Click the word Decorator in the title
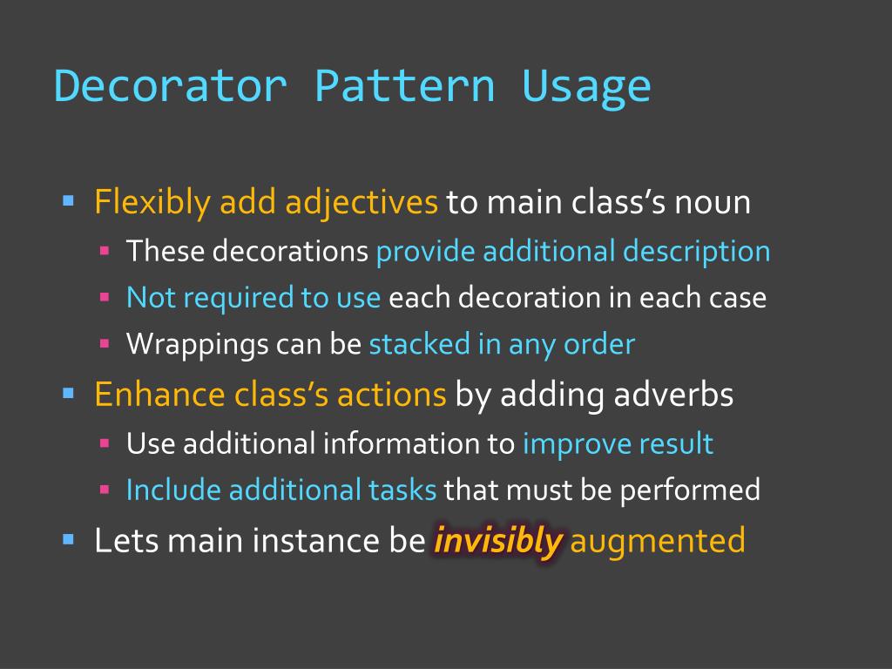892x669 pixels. pos(170,86)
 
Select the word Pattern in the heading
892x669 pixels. pos(404,86)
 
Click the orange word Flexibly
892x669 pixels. pos(152,203)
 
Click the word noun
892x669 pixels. pos(713,203)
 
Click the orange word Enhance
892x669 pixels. pos(160,395)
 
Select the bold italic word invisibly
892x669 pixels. pos(497,541)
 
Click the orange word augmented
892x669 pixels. pos(659,541)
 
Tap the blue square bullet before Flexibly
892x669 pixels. pos(70,201)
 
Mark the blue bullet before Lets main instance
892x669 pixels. pos(70,539)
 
